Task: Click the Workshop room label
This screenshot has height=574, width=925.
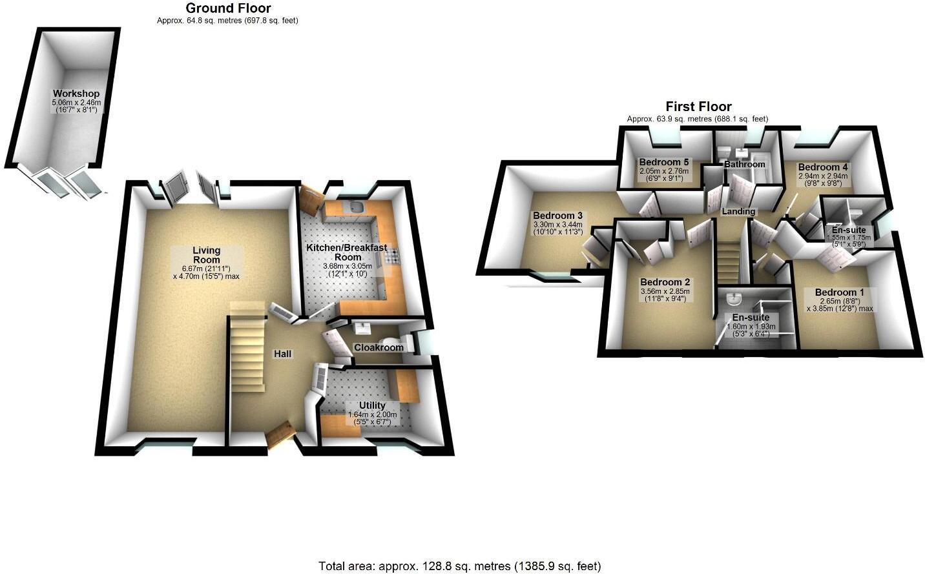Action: (76, 94)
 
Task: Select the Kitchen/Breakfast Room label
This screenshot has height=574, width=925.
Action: (346, 252)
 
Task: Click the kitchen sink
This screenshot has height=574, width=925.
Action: (355, 207)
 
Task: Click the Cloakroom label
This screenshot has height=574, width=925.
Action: (379, 347)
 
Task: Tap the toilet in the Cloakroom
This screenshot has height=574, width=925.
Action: (390, 342)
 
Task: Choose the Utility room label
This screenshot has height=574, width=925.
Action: (372, 405)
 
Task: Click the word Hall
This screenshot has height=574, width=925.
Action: (282, 354)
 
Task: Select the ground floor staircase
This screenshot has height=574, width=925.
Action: (246, 349)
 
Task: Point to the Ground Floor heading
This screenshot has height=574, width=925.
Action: (228, 8)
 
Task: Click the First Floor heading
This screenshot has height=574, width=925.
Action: (698, 107)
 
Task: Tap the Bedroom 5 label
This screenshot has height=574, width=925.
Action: (663, 162)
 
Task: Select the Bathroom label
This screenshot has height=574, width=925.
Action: (744, 164)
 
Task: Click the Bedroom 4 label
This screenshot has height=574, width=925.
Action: (823, 167)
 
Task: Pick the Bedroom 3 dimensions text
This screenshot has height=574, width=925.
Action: (557, 229)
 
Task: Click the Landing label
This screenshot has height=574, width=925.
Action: (738, 211)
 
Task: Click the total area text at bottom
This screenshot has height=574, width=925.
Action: (459, 566)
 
